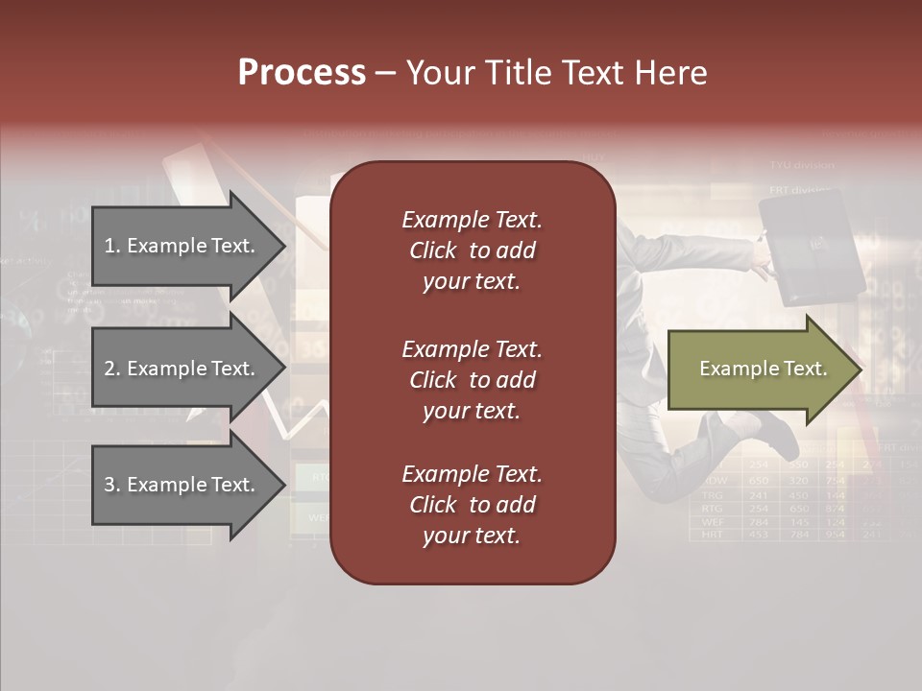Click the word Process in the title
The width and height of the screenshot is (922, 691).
coord(302,73)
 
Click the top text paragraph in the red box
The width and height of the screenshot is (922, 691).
coord(472,250)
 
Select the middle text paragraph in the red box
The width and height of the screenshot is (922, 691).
coord(472,380)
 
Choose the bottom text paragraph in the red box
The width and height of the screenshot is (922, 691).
coord(472,505)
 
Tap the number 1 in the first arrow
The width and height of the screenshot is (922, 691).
coord(109,246)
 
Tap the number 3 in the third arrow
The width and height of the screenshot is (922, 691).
coord(109,485)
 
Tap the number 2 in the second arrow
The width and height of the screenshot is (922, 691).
coord(109,369)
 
